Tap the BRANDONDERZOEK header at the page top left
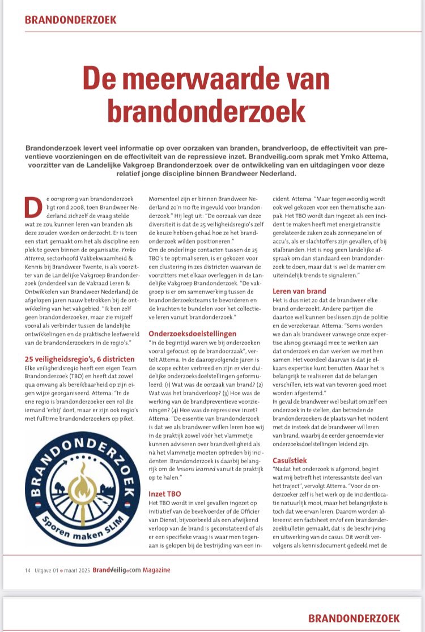coord(71,20)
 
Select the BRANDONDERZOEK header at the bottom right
coord(354,618)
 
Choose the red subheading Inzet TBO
coord(165,494)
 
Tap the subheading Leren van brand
coord(300,291)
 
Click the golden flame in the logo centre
coord(82,486)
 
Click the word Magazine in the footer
coord(156,570)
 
